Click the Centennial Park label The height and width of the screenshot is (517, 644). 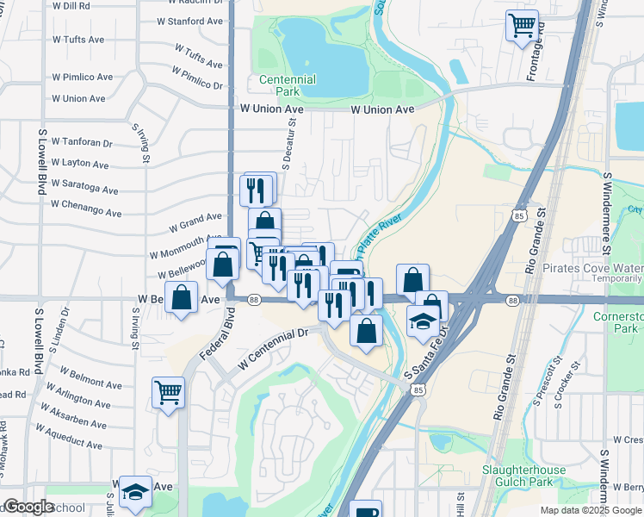pos(288,85)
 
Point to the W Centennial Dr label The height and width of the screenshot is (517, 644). pos(275,345)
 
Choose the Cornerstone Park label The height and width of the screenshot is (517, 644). pos(618,321)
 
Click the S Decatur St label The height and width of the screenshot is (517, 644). pos(290,145)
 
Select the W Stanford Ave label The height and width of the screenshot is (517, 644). pos(191,21)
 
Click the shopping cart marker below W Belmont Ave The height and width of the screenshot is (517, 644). pos(168,391)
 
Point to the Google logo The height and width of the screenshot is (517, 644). pos(28,507)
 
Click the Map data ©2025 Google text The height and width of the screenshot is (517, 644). pos(590,510)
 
